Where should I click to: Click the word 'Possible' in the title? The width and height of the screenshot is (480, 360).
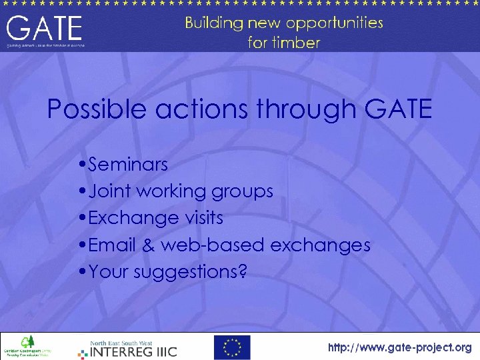[98, 109]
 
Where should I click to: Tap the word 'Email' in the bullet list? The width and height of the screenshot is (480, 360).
[112, 245]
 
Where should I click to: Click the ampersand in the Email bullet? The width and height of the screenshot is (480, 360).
[148, 245]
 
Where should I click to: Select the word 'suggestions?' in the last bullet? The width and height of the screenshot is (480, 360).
[190, 273]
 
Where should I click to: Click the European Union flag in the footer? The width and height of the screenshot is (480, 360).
[232, 347]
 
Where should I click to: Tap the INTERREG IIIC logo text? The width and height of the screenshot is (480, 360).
[133, 350]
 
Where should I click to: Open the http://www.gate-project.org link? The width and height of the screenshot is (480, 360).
[399, 347]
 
